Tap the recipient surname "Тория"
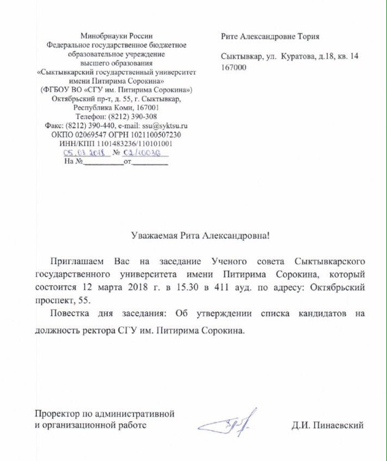[306, 36]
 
